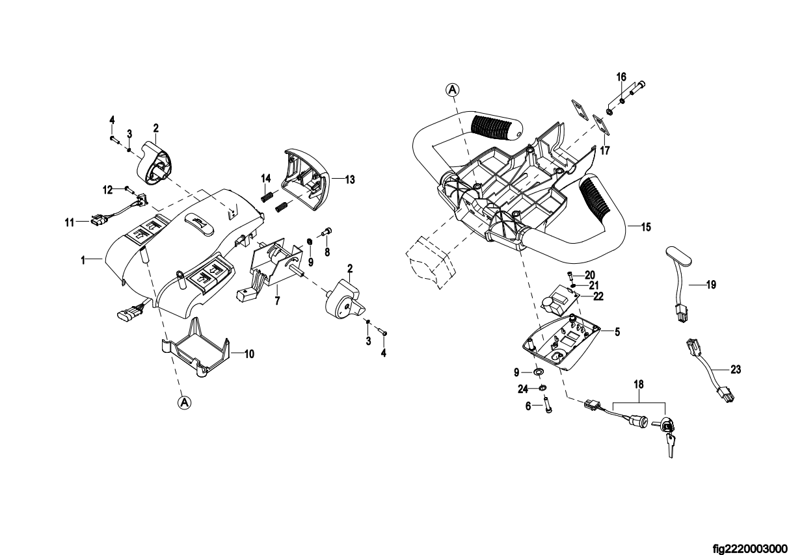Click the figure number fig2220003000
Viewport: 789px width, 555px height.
coord(749,549)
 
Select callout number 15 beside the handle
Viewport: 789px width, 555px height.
coord(646,227)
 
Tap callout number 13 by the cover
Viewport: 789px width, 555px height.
coord(349,180)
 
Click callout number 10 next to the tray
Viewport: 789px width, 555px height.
coord(249,354)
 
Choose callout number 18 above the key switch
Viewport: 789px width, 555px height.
coord(639,385)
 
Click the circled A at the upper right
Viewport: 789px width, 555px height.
coord(453,90)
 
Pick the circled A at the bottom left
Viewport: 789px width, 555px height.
coord(185,402)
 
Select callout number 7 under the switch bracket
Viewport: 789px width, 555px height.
coord(277,301)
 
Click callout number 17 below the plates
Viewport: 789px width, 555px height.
coord(604,151)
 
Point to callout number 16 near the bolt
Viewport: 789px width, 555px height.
coord(621,77)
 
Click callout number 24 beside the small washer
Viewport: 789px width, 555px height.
coord(523,389)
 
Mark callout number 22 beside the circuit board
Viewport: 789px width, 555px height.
coord(598,296)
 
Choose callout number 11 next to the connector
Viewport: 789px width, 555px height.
coord(69,222)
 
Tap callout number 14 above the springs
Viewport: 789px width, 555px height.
coord(265,179)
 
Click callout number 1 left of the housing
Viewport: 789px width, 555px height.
coord(83,261)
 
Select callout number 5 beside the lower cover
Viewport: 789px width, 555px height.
coord(617,332)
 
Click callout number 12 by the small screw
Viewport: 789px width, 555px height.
coord(107,190)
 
